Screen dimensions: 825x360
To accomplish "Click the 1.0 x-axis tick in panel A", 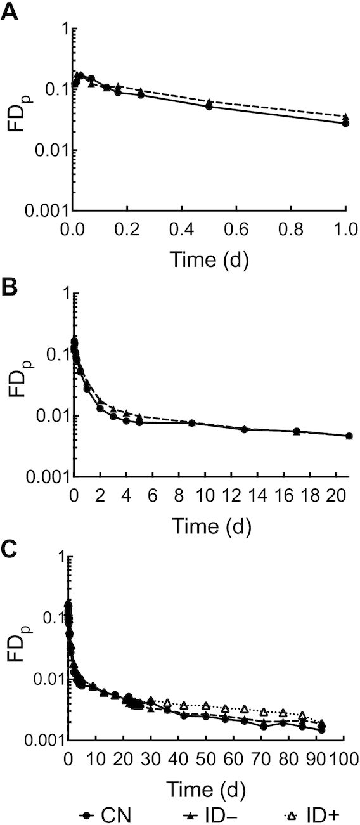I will point(345,226).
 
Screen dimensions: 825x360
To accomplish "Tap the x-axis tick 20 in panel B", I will point(336,492).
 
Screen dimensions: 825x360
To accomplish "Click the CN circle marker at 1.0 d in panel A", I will point(345,123).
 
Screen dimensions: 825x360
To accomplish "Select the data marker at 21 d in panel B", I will point(349,436).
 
